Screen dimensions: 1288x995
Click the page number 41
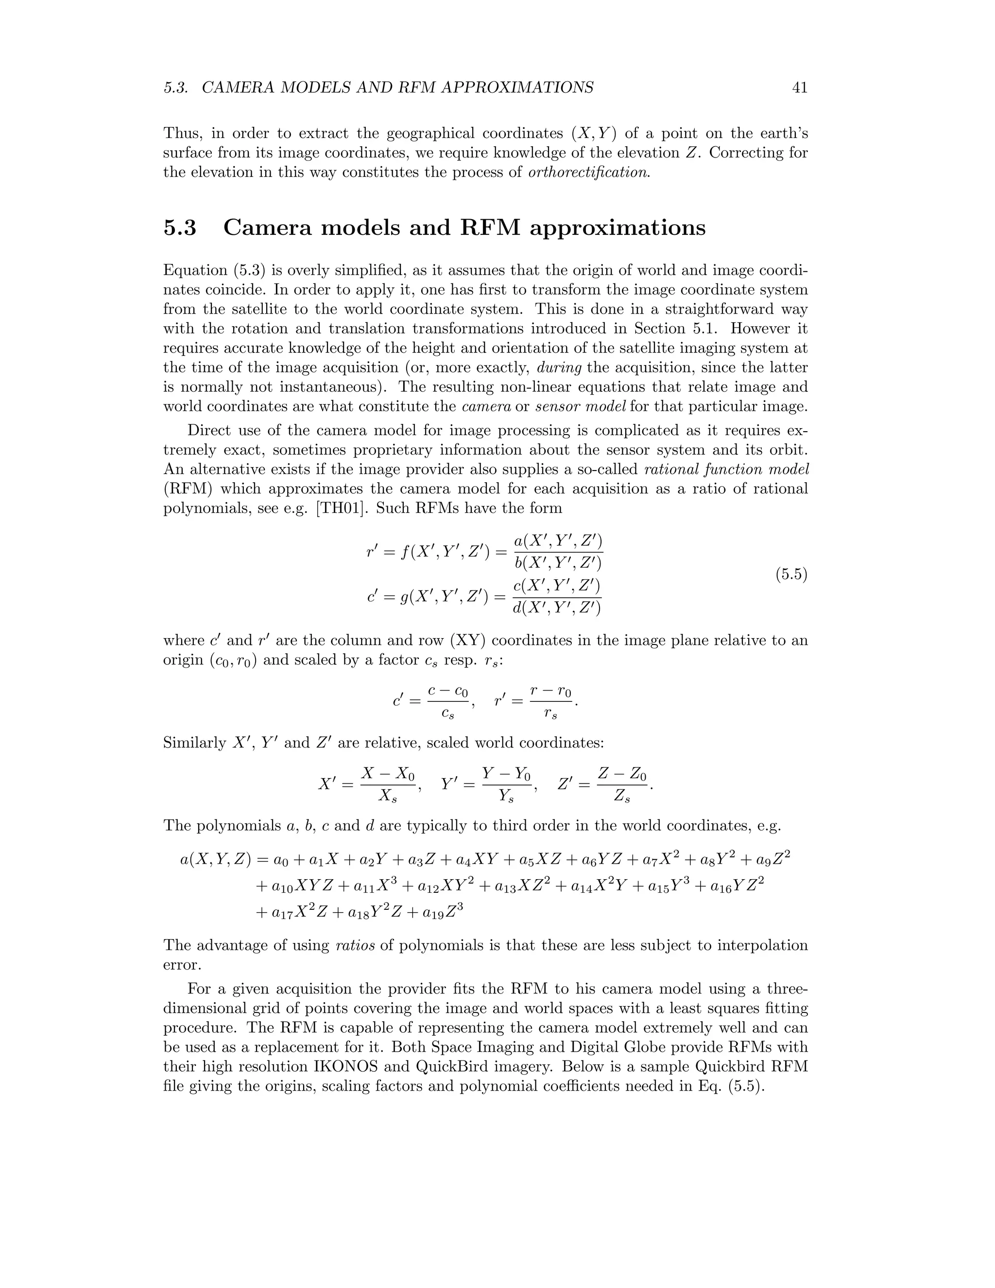(799, 88)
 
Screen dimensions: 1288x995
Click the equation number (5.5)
(790, 574)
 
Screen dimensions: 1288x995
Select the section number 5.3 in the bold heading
(180, 227)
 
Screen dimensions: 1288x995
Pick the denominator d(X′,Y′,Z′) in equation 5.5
(557, 608)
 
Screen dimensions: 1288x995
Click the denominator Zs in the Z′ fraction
(622, 797)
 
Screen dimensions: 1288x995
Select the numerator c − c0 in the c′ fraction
(448, 691)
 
